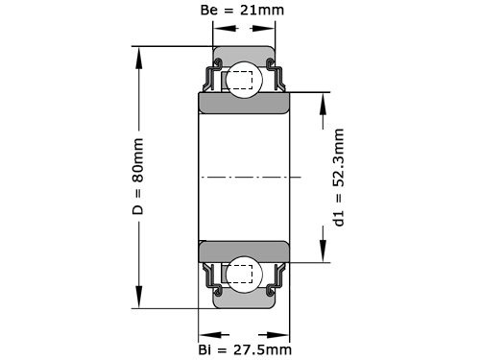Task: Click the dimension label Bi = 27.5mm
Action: point(244,348)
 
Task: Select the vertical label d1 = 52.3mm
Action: point(339,178)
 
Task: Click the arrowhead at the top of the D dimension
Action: point(140,54)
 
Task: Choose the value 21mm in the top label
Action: point(266,12)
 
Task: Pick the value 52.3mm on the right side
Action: point(339,158)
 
